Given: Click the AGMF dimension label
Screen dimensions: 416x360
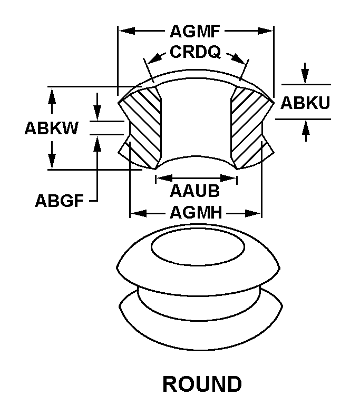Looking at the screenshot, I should click(x=194, y=32).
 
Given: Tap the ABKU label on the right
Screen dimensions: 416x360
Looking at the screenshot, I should click(x=305, y=102).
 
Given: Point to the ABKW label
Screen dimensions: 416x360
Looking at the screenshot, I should click(x=51, y=128).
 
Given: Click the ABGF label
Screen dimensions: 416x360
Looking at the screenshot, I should click(x=59, y=201).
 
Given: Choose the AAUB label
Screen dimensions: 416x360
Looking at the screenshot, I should click(x=194, y=190).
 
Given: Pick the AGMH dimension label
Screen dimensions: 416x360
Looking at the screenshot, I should click(x=195, y=213).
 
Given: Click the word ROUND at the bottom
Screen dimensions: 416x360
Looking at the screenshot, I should click(x=202, y=384).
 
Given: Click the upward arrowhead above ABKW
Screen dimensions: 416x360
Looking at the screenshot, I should click(x=52, y=94).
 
